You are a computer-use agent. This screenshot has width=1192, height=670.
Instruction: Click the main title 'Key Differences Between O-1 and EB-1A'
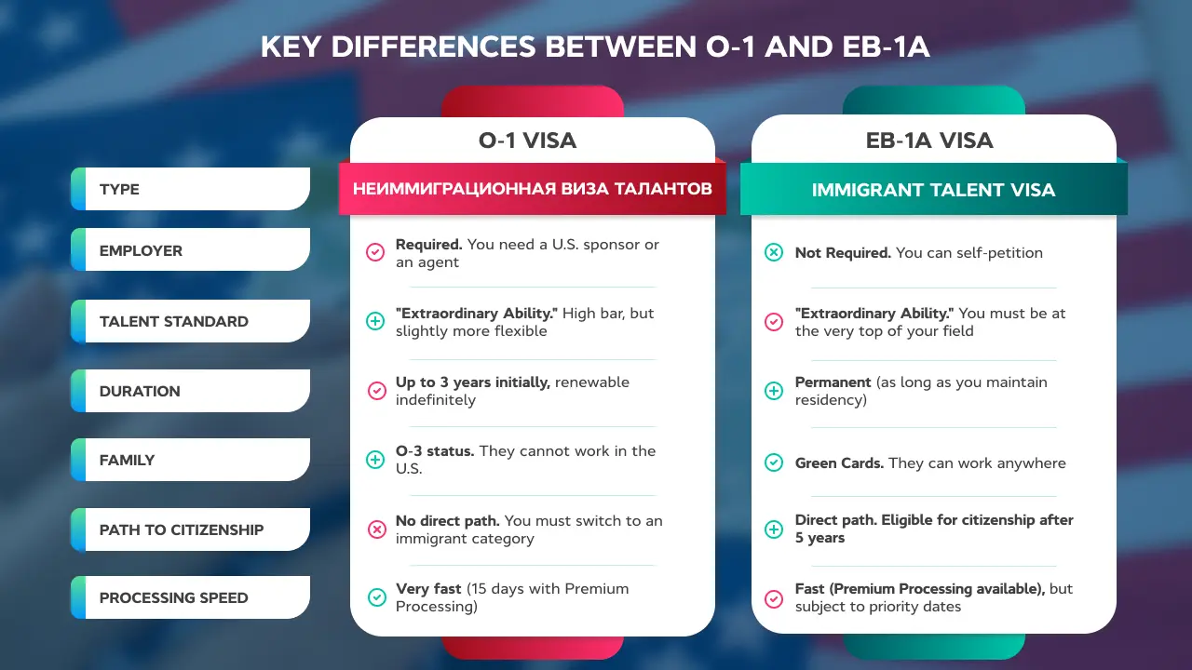[595, 47]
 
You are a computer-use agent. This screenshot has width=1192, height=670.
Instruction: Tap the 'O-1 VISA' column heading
[527, 141]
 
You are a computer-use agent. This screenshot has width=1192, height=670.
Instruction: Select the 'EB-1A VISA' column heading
[929, 141]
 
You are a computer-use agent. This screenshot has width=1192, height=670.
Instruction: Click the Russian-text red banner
[532, 189]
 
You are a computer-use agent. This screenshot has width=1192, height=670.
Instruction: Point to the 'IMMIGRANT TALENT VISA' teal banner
[933, 190]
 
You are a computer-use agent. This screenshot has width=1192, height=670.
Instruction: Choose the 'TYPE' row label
[119, 189]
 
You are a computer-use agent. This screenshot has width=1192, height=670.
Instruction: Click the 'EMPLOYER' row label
[141, 250]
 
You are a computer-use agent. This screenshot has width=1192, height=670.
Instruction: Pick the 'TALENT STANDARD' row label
[173, 321]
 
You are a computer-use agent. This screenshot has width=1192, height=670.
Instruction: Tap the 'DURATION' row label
[140, 391]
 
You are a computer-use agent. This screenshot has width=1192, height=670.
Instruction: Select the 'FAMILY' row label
[127, 460]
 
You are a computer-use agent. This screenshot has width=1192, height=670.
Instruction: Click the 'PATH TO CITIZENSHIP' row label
[181, 529]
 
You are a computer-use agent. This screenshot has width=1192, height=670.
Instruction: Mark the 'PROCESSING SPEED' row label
[173, 597]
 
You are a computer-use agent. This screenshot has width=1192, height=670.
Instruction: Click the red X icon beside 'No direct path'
[376, 529]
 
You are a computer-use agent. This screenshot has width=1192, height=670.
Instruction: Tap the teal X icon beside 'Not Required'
[773, 252]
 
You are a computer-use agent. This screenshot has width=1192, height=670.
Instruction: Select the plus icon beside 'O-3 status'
[376, 460]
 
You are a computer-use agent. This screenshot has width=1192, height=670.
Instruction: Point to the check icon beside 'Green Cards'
[773, 462]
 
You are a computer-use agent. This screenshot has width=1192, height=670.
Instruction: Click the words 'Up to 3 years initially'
[473, 382]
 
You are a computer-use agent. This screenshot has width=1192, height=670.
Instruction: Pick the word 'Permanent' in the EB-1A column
[833, 382]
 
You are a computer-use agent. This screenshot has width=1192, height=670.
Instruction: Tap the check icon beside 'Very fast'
[376, 597]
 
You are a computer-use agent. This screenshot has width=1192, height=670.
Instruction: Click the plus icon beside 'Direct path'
[773, 529]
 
